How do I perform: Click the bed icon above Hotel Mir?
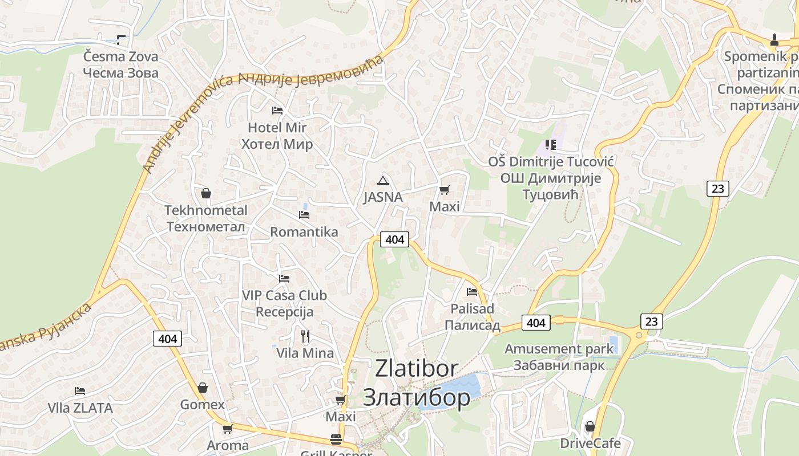(x=277, y=110)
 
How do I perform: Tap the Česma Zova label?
(x=120, y=57)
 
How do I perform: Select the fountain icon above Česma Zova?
(x=120, y=39)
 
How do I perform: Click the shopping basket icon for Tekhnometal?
(x=206, y=194)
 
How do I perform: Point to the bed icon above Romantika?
(x=304, y=215)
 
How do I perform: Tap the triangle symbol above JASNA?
(x=382, y=181)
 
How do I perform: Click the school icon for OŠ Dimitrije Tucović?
(x=550, y=145)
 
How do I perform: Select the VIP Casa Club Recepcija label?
(x=284, y=303)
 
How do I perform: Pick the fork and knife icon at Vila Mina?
(x=305, y=336)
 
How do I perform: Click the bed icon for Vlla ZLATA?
(x=80, y=391)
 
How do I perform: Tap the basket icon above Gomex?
(x=203, y=388)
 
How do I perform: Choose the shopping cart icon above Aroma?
(x=228, y=429)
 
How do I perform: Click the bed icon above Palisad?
(x=472, y=292)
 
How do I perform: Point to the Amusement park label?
(x=559, y=349)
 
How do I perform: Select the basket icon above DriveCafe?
(x=590, y=426)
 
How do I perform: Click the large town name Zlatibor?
(x=417, y=368)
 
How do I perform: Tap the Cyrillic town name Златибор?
(x=417, y=397)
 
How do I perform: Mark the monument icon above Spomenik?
(x=774, y=40)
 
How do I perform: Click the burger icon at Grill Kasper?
(x=336, y=439)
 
